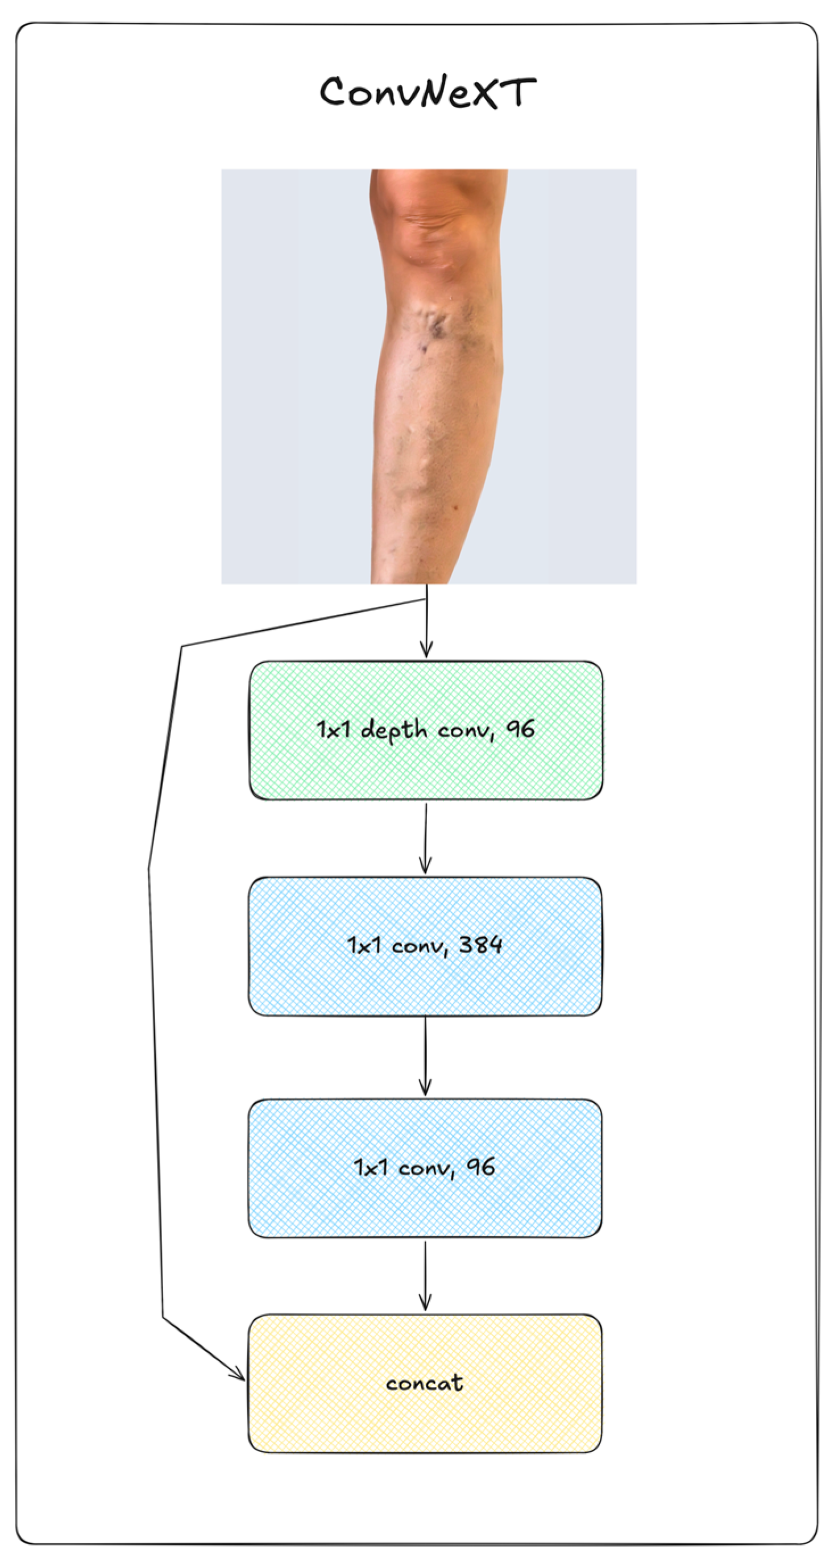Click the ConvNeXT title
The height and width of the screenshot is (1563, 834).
(428, 92)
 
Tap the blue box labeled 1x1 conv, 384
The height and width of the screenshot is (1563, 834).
(425, 977)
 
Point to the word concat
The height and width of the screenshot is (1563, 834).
(425, 1383)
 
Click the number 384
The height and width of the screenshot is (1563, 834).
(480, 945)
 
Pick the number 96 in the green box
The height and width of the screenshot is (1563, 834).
(520, 729)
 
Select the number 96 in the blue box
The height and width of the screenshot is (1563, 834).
(481, 1166)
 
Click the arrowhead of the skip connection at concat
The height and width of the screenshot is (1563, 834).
(239, 1375)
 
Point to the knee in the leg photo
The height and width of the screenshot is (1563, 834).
(434, 225)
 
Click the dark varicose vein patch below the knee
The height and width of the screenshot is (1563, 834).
(436, 327)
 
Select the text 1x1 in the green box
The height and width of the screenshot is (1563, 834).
(333, 729)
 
